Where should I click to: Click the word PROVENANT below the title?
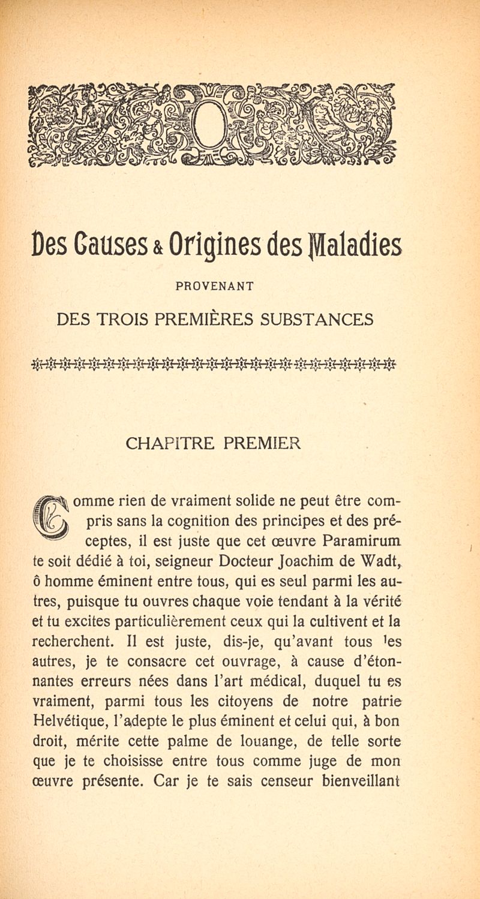tap(214, 287)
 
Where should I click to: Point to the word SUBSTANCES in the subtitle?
tap(317, 319)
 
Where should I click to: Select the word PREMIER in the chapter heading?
tap(262, 444)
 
